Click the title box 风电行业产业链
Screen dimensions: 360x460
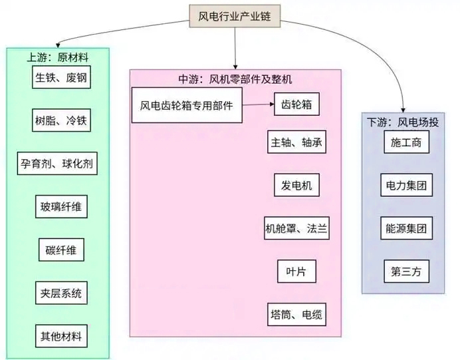tap(234, 15)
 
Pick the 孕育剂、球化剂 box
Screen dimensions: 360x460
tap(58, 164)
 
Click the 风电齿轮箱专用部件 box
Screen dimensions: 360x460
tap(186, 105)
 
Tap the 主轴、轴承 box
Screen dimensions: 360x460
tap(297, 143)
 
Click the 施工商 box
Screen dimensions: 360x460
tap(406, 142)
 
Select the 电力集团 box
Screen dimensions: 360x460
tap(406, 185)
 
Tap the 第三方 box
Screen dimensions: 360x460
tap(406, 271)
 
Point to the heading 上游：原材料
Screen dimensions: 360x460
tap(58, 57)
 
